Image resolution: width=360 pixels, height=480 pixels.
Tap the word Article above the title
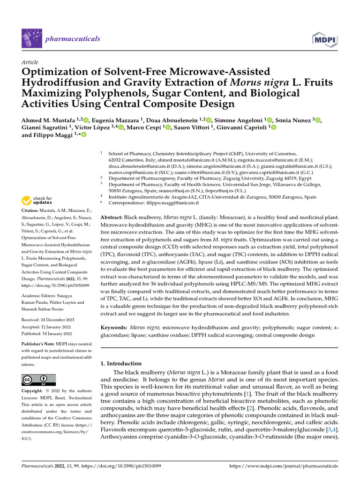30,62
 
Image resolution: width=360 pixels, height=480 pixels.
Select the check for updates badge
37,200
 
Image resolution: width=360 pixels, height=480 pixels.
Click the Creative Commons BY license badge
38,380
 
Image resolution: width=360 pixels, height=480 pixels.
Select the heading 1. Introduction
121,363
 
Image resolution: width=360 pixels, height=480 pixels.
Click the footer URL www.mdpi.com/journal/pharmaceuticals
284,466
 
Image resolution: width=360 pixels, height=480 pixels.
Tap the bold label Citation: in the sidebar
30,211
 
